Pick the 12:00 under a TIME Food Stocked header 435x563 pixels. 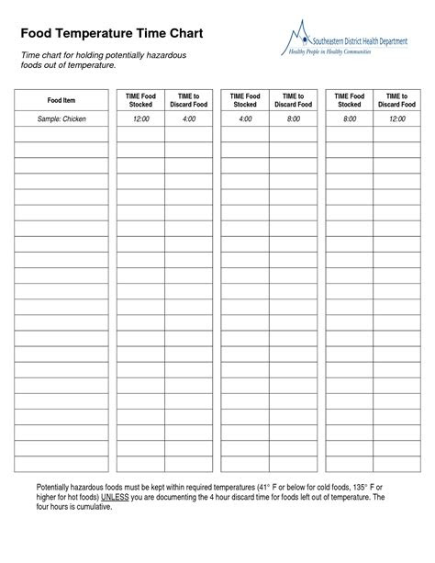pyautogui.click(x=140, y=119)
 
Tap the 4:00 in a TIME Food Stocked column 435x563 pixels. pyautogui.click(x=245, y=119)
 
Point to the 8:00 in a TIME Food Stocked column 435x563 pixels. pyautogui.click(x=349, y=119)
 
